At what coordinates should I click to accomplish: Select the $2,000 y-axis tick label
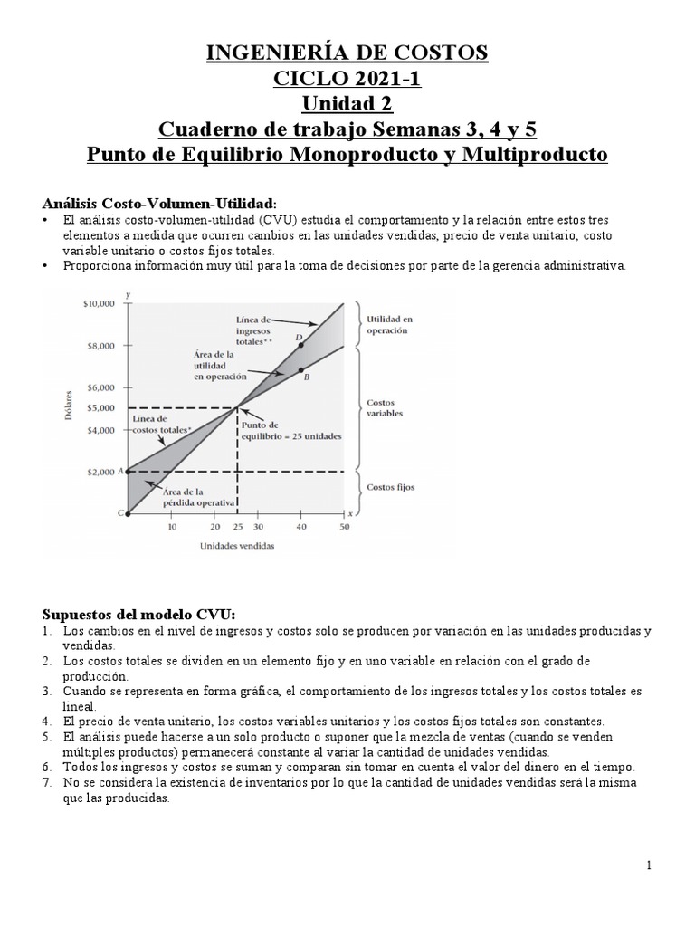pos(102,473)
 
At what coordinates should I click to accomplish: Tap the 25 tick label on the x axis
pos(236,526)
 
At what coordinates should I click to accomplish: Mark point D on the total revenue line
pos(300,345)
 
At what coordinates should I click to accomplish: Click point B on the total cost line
pos(300,368)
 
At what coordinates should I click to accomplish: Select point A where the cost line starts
pos(128,472)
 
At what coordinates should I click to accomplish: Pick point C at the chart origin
pos(128,514)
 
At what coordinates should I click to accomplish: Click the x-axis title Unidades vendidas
pos(236,546)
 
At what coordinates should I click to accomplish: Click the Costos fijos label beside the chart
pos(390,487)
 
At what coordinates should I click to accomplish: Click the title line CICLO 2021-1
pos(347,80)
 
